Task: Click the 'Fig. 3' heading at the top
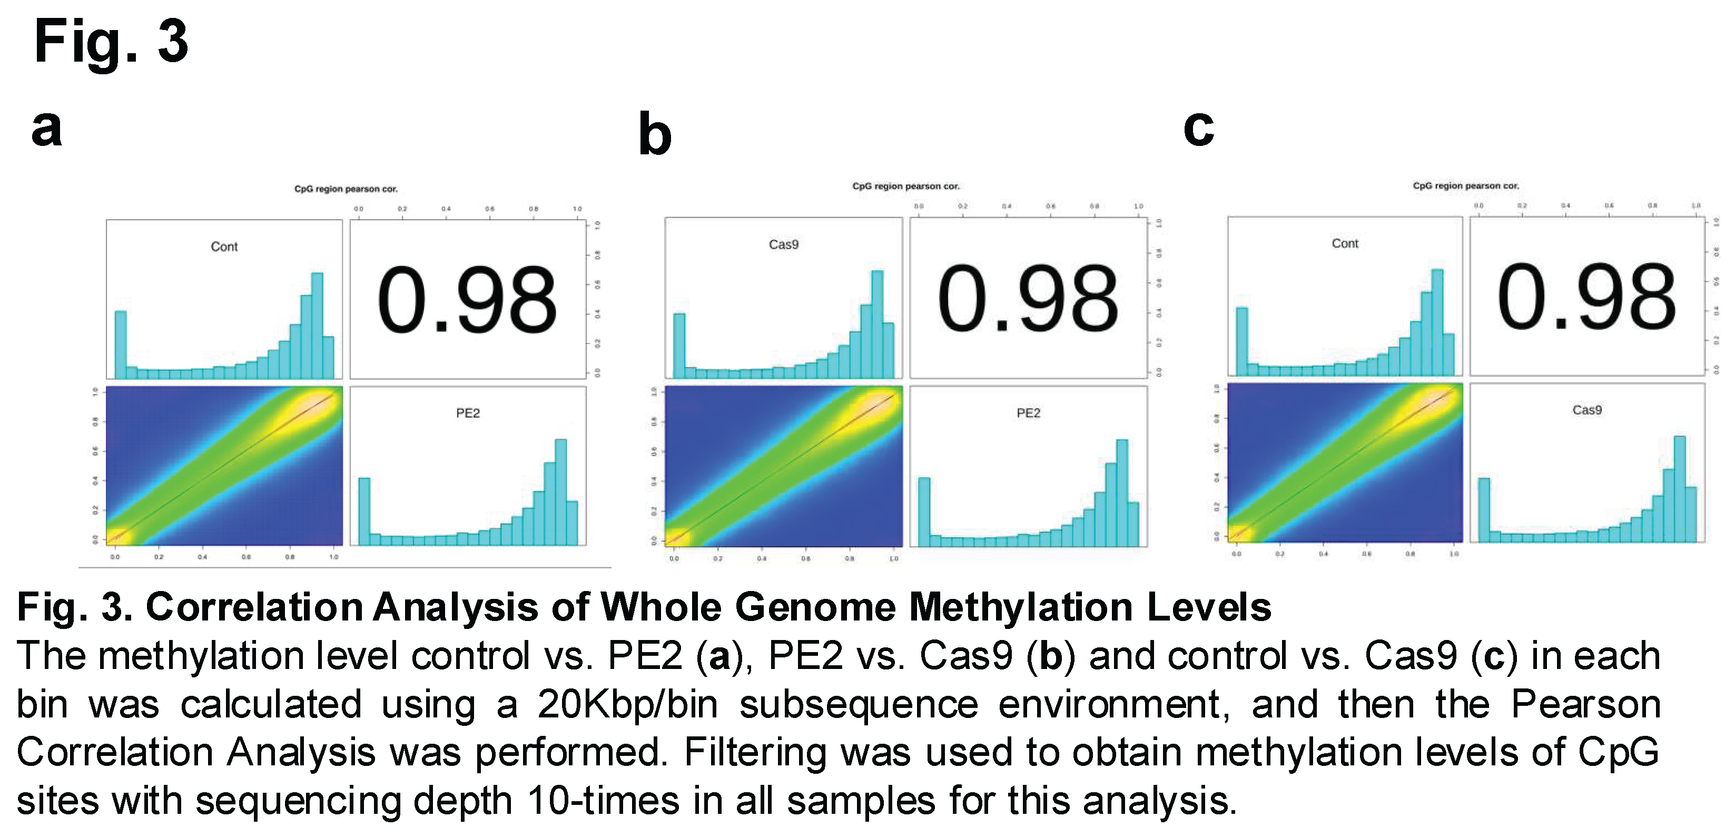(x=111, y=42)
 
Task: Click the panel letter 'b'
(x=655, y=135)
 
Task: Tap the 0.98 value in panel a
(x=467, y=300)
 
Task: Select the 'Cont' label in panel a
(x=224, y=247)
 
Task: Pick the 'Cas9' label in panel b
(x=783, y=245)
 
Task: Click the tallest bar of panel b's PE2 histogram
(x=1121, y=491)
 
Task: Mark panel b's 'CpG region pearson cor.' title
(x=905, y=186)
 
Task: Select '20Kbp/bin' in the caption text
(x=628, y=705)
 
